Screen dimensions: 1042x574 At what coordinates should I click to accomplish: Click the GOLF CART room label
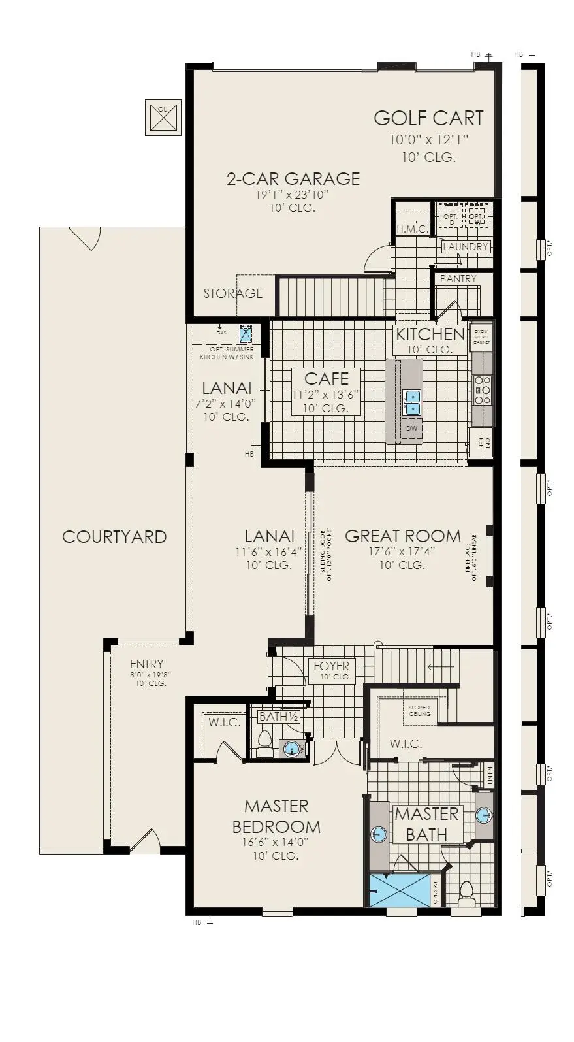[x=428, y=118]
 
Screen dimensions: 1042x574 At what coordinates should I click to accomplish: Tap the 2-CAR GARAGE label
[x=293, y=178]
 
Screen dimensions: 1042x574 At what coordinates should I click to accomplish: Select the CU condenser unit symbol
[x=163, y=118]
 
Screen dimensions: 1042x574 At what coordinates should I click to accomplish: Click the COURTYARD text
[x=114, y=537]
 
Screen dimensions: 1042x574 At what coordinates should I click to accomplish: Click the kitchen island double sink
[x=411, y=402]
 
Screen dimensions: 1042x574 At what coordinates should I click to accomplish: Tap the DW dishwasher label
[x=411, y=429]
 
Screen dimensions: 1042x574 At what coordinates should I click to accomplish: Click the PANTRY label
[x=458, y=279]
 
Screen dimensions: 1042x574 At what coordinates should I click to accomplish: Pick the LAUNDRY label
[x=466, y=247]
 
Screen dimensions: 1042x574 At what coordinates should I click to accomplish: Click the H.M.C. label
[x=412, y=229]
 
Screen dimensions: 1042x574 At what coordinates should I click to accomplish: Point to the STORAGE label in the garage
[x=232, y=293]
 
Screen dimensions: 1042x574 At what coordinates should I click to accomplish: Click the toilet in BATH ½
[x=264, y=744]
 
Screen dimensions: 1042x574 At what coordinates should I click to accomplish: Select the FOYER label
[x=332, y=666]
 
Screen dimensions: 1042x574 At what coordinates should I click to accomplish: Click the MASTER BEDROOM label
[x=276, y=816]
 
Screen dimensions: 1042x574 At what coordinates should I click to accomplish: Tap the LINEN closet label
[x=490, y=775]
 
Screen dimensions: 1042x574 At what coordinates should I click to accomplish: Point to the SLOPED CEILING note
[x=420, y=711]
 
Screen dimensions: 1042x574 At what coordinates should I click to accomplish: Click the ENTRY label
[x=146, y=664]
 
